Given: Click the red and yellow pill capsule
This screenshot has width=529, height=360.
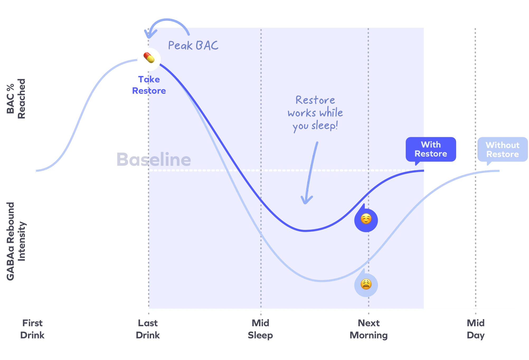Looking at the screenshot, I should [x=149, y=58].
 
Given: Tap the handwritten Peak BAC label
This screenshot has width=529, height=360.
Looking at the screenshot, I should [x=193, y=46].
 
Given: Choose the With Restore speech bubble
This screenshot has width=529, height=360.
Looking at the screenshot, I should [x=431, y=149].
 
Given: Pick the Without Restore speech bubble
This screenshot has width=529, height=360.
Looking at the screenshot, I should [x=502, y=150].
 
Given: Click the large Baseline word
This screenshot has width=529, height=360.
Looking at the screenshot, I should [x=153, y=159].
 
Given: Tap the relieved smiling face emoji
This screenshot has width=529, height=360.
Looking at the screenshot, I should [x=366, y=219].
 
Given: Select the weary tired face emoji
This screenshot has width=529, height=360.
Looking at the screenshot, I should [x=366, y=284].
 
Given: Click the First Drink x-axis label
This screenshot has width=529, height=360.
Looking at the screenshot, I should [x=33, y=329].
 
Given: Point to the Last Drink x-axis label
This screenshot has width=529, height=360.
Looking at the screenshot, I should [x=148, y=329].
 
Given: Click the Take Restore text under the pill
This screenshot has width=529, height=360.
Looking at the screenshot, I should [x=148, y=85].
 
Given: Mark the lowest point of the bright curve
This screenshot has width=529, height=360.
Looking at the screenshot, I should [x=322, y=281].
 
